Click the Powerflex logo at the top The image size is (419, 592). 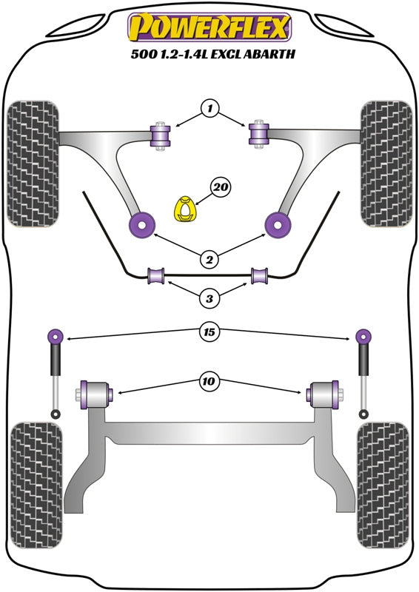tap(209, 28)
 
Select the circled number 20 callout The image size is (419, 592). tap(220, 189)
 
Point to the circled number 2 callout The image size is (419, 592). tap(209, 259)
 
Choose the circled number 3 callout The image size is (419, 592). tap(209, 299)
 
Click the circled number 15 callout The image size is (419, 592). tap(209, 334)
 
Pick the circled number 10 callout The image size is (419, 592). tap(209, 382)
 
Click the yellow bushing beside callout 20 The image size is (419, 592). tap(184, 208)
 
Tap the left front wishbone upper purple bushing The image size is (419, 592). tap(161, 135)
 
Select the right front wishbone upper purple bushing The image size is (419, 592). tap(258, 134)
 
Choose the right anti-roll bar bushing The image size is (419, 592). tap(259, 275)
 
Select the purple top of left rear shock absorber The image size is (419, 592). tap(55, 337)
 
